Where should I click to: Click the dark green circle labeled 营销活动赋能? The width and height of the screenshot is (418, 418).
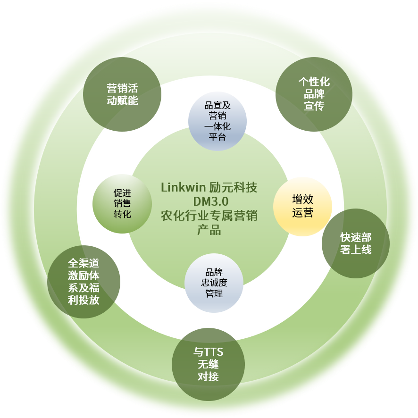click(x=122, y=94)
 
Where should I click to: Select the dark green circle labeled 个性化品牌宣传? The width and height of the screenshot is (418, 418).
click(x=314, y=94)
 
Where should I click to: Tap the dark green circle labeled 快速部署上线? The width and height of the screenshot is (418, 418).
click(x=356, y=243)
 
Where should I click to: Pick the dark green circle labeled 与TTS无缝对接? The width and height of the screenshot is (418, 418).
click(x=208, y=364)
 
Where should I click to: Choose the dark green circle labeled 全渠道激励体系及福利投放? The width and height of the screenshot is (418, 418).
click(x=84, y=282)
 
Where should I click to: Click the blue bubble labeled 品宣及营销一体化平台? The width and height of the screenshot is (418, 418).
click(x=217, y=121)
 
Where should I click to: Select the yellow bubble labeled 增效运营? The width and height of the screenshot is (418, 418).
click(x=302, y=207)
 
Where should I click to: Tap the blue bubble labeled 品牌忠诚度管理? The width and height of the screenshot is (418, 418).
click(x=214, y=283)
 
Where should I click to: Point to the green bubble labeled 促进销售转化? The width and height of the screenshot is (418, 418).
click(x=122, y=204)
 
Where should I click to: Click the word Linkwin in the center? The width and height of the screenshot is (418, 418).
click(x=184, y=187)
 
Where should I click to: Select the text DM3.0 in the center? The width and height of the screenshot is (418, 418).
click(x=210, y=201)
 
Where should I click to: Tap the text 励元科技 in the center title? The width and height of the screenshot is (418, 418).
click(x=233, y=187)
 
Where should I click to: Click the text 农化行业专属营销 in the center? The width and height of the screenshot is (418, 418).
click(x=209, y=216)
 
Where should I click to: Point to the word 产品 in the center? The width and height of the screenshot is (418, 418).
click(x=209, y=230)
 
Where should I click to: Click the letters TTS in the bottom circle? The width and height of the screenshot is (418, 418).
click(x=213, y=352)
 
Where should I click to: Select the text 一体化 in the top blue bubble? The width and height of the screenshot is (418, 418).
click(x=217, y=126)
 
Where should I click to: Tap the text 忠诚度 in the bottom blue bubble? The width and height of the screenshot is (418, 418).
click(x=214, y=283)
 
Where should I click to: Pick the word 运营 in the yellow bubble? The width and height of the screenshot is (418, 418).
click(x=302, y=213)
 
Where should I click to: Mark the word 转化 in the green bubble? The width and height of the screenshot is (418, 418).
click(x=122, y=214)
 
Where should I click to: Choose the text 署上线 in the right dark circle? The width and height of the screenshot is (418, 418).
click(x=356, y=250)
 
